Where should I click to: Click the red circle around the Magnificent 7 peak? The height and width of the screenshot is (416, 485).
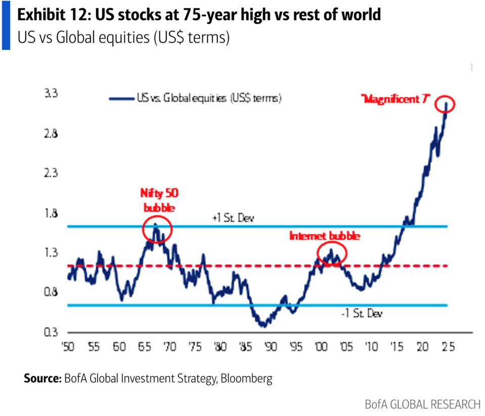[446, 104]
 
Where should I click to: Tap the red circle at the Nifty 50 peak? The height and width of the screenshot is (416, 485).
[157, 230]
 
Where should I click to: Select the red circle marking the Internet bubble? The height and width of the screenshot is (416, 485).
[332, 253]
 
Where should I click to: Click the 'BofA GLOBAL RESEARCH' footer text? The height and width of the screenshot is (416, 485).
[422, 404]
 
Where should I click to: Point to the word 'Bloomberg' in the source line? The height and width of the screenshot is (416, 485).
[246, 379]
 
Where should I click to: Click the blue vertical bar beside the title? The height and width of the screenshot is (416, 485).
[6, 25]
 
